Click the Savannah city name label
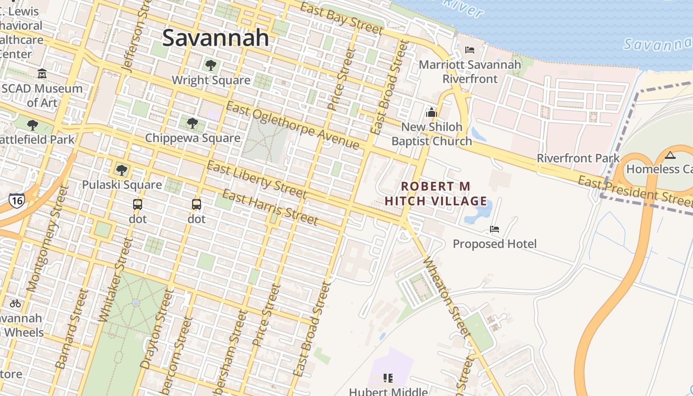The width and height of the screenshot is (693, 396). pyautogui.click(x=215, y=38)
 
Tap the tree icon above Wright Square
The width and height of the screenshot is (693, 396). pyautogui.click(x=210, y=65)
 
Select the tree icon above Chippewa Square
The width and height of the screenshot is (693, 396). pyautogui.click(x=193, y=123)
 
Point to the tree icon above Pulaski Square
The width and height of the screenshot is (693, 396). pyautogui.click(x=121, y=170)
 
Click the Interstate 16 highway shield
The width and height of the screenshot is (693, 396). pyautogui.click(x=16, y=200)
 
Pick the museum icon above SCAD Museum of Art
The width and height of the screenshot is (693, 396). pyautogui.click(x=42, y=74)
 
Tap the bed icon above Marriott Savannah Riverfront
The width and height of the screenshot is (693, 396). pyautogui.click(x=470, y=49)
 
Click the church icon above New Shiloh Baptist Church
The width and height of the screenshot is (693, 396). pyautogui.click(x=432, y=112)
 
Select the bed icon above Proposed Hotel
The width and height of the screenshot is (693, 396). pyautogui.click(x=495, y=229)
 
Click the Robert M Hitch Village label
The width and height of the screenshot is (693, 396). pyautogui.click(x=436, y=194)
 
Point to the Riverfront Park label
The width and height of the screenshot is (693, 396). pyautogui.click(x=578, y=158)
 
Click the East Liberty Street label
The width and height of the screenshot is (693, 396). pyautogui.click(x=256, y=179)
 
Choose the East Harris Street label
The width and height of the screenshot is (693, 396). pyautogui.click(x=270, y=206)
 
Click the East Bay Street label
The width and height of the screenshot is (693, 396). pyautogui.click(x=342, y=18)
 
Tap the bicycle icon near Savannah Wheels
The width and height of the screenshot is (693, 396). pyautogui.click(x=15, y=303)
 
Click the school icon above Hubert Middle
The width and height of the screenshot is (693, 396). pyautogui.click(x=388, y=379)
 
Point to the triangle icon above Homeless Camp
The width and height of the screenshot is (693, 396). pyautogui.click(x=670, y=155)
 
